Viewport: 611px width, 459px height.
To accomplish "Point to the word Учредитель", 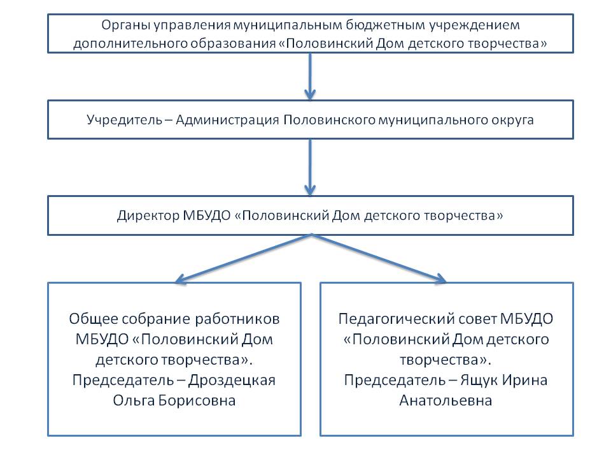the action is [124, 120].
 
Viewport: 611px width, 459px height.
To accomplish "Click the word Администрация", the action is [228, 120].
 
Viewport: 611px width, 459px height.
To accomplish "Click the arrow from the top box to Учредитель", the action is [310, 76].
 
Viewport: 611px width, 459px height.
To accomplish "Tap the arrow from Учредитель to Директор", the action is [310, 167].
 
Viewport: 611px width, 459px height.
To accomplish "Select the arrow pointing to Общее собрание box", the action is [243, 258].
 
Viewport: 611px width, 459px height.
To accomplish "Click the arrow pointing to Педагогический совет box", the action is [379, 258].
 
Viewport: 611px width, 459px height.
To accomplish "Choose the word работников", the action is [237, 319].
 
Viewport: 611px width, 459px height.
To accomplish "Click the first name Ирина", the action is [524, 380].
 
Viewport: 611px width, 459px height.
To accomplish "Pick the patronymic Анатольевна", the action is [446, 400].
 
